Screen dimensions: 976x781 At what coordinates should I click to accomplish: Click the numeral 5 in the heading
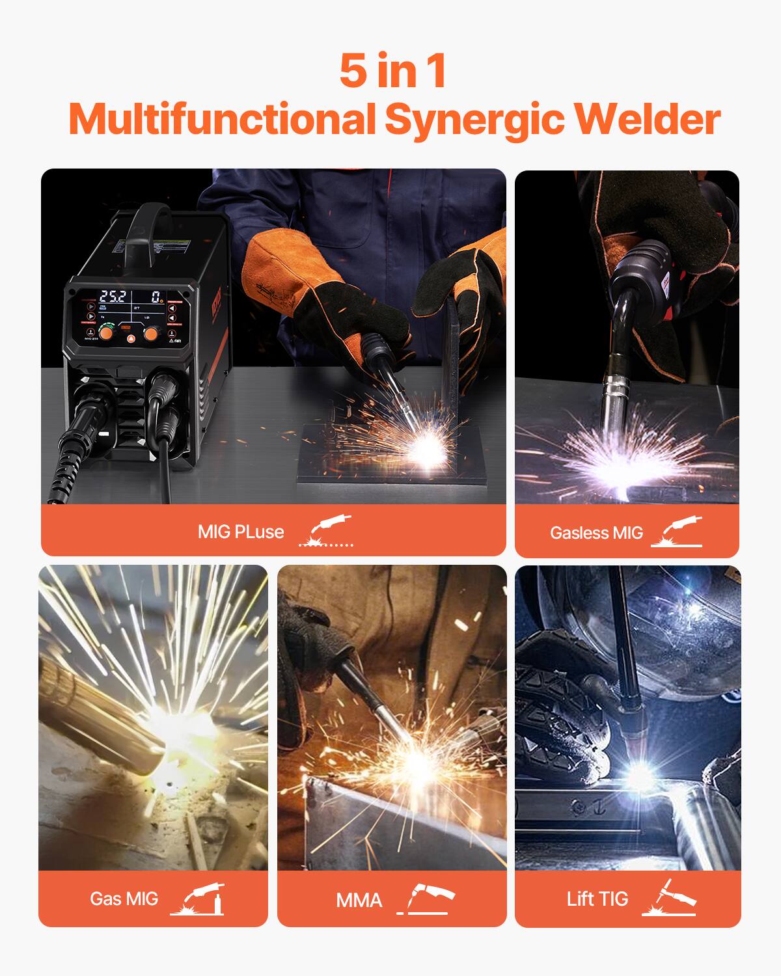(353, 71)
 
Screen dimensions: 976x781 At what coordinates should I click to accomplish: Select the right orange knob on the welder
(151, 333)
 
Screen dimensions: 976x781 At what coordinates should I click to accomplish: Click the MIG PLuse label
(241, 532)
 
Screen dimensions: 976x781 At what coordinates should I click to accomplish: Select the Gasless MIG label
(596, 533)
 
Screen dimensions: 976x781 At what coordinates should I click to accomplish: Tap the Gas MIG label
(124, 899)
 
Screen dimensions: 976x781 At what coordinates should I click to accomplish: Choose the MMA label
(359, 901)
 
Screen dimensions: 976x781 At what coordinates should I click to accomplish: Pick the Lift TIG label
(597, 899)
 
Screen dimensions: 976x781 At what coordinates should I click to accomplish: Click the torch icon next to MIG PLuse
(326, 530)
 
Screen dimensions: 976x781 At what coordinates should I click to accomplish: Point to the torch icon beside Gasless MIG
(677, 532)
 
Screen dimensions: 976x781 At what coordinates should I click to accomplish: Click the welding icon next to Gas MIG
(197, 899)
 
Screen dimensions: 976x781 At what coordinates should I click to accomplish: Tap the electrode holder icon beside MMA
(426, 899)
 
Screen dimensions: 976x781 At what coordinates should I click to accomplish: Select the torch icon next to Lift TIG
(669, 898)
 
